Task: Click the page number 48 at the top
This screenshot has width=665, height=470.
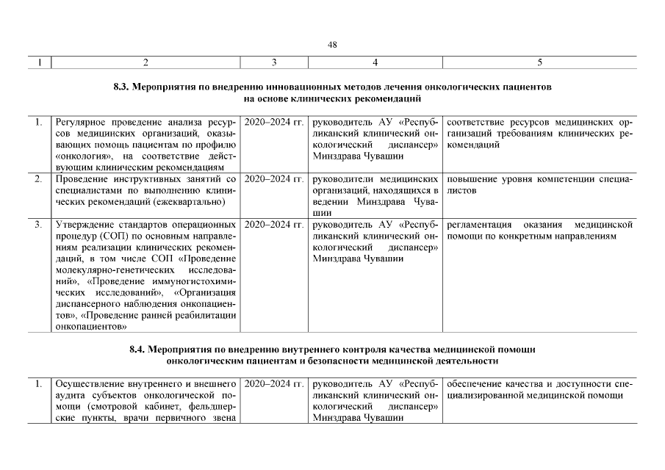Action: (x=332, y=45)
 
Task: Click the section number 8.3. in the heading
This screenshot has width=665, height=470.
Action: (x=123, y=87)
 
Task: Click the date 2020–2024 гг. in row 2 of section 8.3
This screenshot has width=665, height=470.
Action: (x=273, y=179)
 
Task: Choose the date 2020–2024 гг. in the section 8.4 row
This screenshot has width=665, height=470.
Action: (x=273, y=383)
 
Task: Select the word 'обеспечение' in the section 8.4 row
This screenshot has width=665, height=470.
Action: (x=474, y=383)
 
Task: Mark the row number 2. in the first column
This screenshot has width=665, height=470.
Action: (x=37, y=179)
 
